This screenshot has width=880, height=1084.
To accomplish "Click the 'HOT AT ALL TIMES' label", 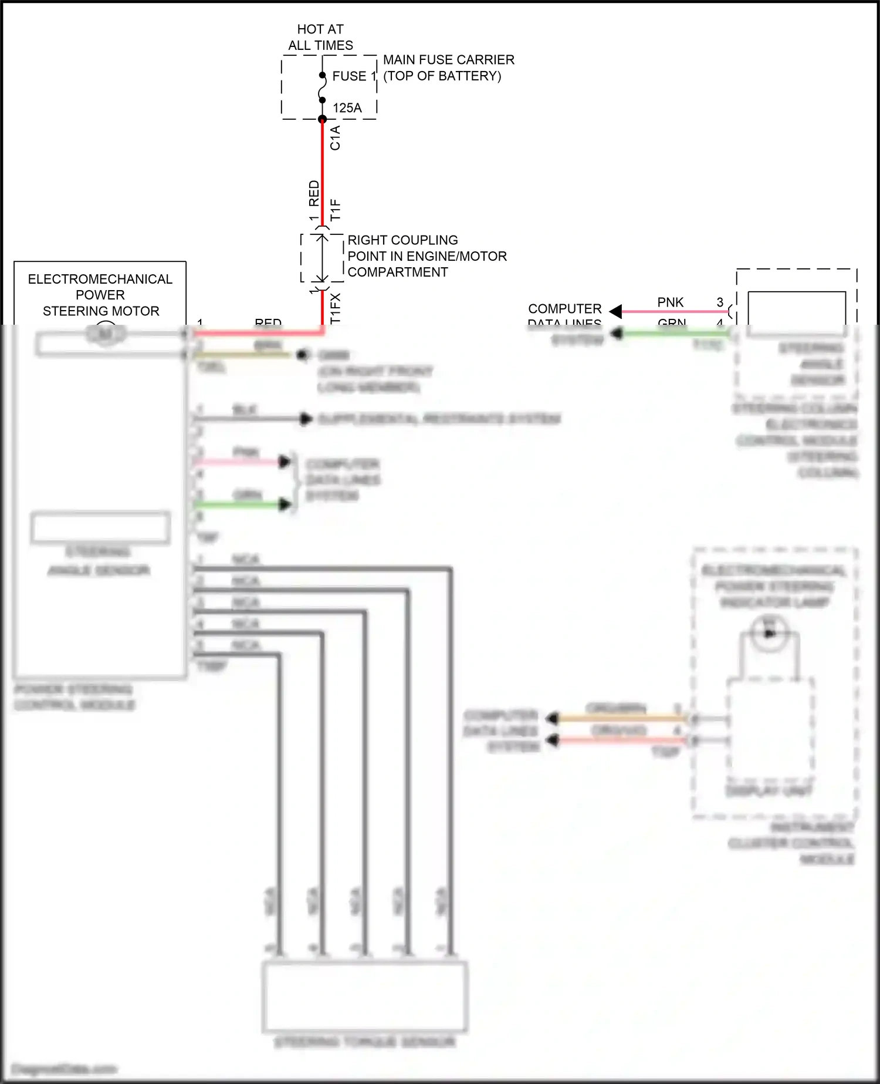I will [320, 37].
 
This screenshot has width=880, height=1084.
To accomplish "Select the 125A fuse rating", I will [347, 108].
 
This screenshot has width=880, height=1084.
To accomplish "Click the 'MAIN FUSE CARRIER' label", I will [448, 60].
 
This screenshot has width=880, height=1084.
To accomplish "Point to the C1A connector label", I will [335, 138].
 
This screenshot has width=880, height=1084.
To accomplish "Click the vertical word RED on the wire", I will [314, 193].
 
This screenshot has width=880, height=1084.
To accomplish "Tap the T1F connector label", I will [335, 210].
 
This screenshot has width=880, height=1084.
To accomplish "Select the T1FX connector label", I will [335, 308].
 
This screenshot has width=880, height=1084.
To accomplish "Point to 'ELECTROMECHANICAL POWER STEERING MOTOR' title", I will [100, 295].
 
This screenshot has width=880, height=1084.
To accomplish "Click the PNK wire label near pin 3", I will [670, 302].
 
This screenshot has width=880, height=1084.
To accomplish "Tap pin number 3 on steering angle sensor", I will [720, 302].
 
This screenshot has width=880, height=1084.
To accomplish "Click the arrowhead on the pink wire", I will [615, 311].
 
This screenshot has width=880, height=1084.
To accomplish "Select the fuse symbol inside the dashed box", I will [322, 88].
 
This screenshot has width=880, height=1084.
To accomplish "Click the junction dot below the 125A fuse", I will [322, 119].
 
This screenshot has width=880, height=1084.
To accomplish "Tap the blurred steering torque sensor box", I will [364, 996].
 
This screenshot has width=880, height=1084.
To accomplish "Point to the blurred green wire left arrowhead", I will [616, 334].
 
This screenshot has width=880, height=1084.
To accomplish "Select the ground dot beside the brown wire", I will [303, 355].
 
